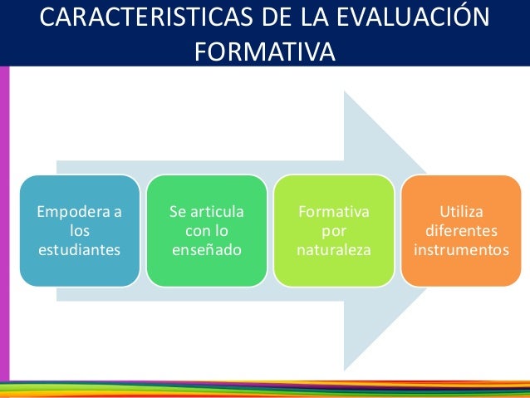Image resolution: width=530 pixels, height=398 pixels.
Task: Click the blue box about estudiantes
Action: [x=79, y=231]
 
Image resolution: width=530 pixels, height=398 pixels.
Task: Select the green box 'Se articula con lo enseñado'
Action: [x=206, y=231]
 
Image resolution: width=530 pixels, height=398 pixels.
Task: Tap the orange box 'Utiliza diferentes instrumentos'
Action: [x=462, y=231]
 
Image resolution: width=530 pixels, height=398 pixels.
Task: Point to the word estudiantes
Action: [x=79, y=249]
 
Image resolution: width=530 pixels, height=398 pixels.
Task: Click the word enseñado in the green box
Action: [x=206, y=249]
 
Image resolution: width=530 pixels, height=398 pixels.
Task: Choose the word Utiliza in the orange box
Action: [x=462, y=212]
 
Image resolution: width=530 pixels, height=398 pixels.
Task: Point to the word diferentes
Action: [x=462, y=230]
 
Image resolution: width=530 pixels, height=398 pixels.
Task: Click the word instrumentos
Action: [x=462, y=249]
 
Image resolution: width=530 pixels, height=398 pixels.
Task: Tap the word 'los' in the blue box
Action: [x=79, y=230]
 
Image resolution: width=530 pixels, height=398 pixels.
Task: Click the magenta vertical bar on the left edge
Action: [x=4, y=224]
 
